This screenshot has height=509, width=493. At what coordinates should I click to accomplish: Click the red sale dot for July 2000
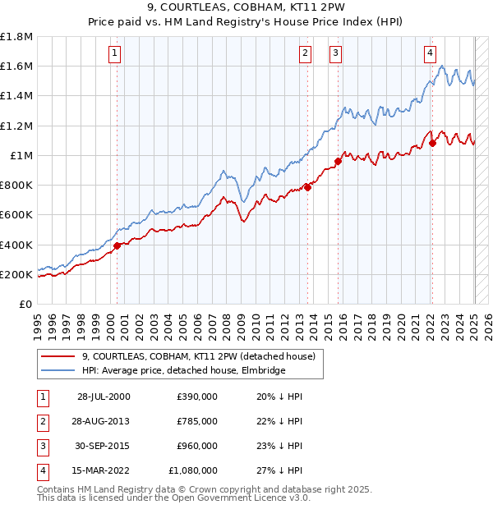coord(117,245)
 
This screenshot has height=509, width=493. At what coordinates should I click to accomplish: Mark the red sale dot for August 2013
coord(308,187)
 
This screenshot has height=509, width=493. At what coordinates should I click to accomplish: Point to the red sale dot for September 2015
coord(338,161)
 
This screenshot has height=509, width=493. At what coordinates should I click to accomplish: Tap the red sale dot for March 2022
coord(432,144)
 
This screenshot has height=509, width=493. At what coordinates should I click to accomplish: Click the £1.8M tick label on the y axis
coord(16,37)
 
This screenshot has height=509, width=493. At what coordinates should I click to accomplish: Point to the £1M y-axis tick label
coord(21,155)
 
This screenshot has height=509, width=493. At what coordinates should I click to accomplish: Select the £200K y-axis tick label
coord(16,274)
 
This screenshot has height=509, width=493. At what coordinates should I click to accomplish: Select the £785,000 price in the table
coord(197,421)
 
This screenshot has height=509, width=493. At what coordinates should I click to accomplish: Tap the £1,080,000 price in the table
coord(193,470)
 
